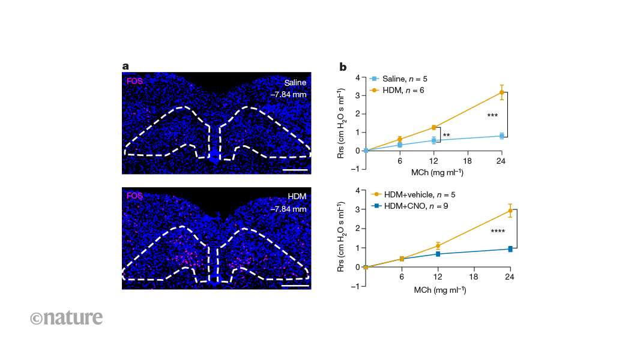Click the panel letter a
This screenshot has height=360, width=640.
pyautogui.click(x=125, y=67)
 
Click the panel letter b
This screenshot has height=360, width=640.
pyautogui.click(x=343, y=67)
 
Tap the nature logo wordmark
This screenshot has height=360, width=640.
pyautogui.click(x=66, y=317)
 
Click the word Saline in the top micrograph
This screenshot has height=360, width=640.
pyautogui.click(x=296, y=82)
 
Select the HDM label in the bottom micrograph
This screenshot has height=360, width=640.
pyautogui.click(x=297, y=197)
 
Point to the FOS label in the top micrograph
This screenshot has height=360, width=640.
pyautogui.click(x=134, y=80)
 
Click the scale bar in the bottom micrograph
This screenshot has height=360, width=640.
pyautogui.click(x=295, y=285)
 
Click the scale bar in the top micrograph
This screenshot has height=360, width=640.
pyautogui.click(x=295, y=170)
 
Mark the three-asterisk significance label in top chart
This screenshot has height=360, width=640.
pyautogui.click(x=493, y=115)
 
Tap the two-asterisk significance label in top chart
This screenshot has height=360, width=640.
pyautogui.click(x=446, y=136)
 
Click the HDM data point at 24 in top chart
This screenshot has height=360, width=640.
pyautogui.click(x=501, y=92)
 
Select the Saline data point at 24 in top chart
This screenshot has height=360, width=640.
pyautogui.click(x=501, y=136)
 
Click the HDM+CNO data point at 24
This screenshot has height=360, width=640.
pyautogui.click(x=510, y=248)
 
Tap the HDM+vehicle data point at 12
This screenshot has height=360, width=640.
pyautogui.click(x=438, y=245)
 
